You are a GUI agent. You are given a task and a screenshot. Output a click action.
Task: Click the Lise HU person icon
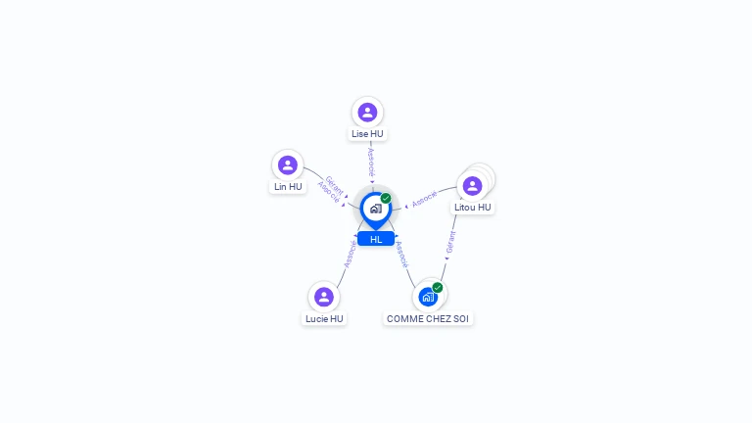367,113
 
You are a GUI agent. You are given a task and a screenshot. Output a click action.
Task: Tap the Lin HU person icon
287,164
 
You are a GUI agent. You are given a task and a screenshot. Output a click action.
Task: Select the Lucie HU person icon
324,297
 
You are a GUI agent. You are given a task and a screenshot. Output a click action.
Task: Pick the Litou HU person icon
472,185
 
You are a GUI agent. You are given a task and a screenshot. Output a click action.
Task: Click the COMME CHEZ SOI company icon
428,297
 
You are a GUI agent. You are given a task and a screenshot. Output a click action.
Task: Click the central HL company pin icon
375,209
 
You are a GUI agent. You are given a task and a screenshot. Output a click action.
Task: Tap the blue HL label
376,239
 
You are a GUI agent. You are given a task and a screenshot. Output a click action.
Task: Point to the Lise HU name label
367,133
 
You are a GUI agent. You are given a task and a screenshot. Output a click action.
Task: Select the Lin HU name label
288,186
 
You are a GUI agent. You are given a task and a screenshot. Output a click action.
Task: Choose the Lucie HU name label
324,318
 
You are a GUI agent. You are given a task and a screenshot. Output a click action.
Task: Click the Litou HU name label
473,207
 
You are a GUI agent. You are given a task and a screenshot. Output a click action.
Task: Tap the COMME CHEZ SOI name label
428,318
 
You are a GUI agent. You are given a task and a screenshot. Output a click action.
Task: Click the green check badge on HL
386,198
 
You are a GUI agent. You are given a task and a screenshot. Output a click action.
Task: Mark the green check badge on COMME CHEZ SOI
438,287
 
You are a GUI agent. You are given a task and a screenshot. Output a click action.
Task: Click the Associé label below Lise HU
371,163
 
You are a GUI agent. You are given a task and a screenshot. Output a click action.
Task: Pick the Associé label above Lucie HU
350,254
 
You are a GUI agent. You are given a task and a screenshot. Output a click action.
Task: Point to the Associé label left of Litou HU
425,198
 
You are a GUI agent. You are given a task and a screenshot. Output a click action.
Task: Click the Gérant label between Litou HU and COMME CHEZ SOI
450,243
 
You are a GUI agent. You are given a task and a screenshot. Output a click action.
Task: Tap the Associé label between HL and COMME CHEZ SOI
400,254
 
